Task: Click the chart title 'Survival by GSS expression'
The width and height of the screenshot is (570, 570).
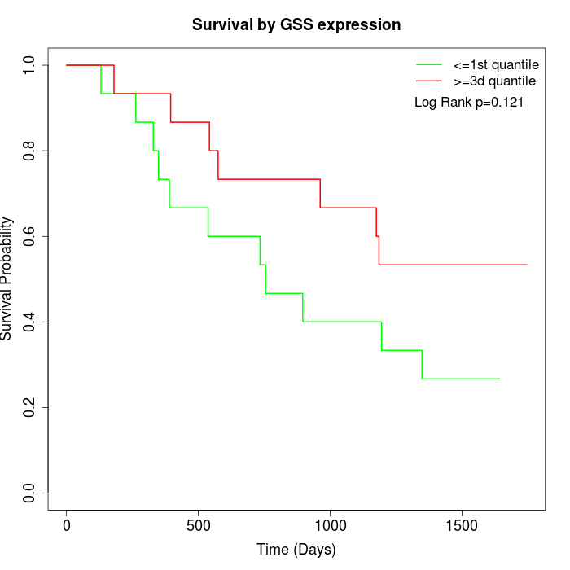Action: coord(296,25)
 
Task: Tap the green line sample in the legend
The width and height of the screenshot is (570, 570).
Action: coord(429,64)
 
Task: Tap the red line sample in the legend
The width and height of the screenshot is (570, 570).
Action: coord(429,81)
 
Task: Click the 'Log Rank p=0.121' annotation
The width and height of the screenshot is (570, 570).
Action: coord(469,103)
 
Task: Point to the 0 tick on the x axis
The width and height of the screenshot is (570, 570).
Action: coord(67,524)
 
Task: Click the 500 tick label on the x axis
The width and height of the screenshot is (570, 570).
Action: coord(199,524)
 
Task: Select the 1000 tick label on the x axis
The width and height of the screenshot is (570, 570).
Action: coord(330,524)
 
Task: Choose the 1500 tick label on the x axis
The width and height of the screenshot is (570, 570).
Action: coord(462,524)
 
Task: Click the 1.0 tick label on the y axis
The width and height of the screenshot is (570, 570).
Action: coord(30,65)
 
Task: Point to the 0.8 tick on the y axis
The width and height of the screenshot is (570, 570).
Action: coord(30,151)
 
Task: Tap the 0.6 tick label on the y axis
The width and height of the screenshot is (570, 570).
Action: coord(30,236)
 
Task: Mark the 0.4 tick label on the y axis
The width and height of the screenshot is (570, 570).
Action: coord(30,322)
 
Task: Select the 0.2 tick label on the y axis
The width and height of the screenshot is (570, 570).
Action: coord(30,407)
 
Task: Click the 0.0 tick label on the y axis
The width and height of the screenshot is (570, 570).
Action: coord(30,493)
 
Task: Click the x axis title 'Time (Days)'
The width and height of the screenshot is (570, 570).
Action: coord(296,550)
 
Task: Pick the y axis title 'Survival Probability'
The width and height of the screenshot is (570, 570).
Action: coord(8,278)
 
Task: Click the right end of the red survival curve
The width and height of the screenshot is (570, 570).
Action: coord(527,265)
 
